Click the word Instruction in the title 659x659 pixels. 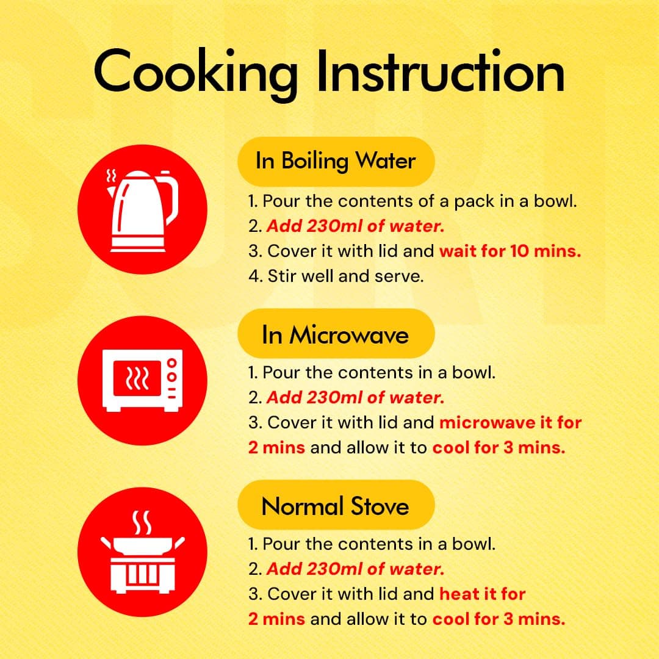441,71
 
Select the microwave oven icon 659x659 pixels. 142,380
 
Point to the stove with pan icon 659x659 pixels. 142,552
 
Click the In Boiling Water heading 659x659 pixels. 336,161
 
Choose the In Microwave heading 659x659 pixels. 336,335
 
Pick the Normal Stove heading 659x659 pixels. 336,506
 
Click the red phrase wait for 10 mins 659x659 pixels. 510,251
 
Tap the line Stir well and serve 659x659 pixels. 336,276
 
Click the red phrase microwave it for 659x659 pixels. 511,422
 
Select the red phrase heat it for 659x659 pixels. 483,594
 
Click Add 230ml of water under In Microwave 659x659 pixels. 356,397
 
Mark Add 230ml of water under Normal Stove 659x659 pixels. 356,569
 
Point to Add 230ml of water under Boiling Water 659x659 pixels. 356,226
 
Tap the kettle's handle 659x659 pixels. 171,198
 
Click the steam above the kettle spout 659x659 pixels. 112,175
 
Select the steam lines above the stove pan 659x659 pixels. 142,523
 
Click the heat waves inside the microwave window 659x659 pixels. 137,378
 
